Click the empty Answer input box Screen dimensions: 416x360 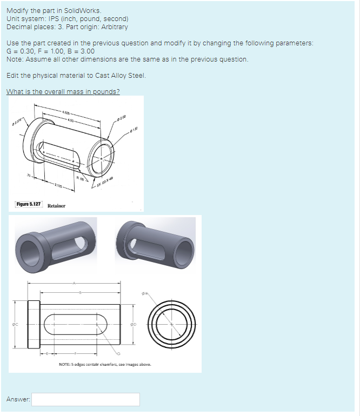click(x=85, y=399)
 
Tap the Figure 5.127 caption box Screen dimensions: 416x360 click(x=29, y=205)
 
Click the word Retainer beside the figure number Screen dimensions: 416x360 click(x=56, y=205)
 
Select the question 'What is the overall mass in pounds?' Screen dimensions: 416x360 click(x=63, y=91)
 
